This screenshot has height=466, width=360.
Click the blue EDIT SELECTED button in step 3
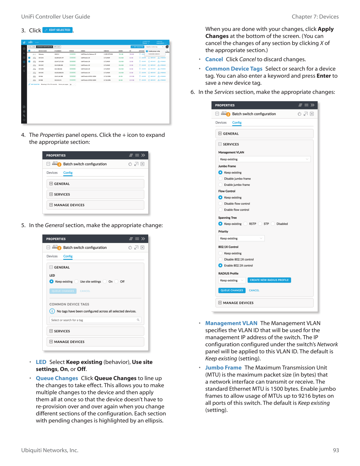click(58, 30)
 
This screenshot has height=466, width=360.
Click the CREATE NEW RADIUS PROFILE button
click(269, 280)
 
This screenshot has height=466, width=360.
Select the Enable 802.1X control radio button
click(220, 265)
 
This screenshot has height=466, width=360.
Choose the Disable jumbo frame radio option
click(220, 179)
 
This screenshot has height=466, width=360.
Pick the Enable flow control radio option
click(220, 210)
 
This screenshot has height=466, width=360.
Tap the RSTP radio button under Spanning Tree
click(246, 224)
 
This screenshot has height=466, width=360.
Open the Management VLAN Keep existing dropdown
click(264, 159)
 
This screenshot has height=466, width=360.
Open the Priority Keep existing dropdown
click(241, 238)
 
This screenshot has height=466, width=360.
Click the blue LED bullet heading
click(41, 362)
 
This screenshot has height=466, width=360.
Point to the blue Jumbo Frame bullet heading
click(223, 368)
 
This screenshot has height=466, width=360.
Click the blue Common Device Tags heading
click(234, 69)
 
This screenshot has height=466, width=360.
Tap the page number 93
click(336, 450)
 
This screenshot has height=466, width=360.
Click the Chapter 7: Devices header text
click(315, 17)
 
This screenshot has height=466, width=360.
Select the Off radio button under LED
click(116, 282)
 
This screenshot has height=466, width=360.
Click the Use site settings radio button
click(76, 282)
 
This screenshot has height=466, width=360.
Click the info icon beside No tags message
click(52, 311)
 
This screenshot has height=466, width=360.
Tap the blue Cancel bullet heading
click(214, 59)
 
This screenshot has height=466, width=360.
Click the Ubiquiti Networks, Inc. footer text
click(50, 450)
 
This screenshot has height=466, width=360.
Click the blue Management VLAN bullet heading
click(231, 323)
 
